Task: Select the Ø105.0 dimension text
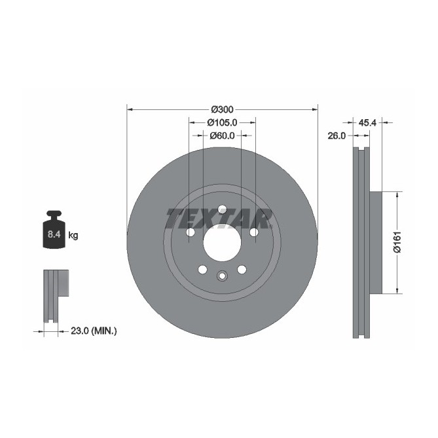coord(222,122)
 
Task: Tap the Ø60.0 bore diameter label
coord(222,136)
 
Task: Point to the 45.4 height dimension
coord(367,122)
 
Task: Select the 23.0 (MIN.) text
coord(93,331)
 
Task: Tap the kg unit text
coord(73,234)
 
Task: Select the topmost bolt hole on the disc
coord(222,209)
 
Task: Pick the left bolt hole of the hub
coord(191,232)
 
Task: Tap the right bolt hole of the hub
coord(253,232)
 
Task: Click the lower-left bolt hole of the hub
coord(202,270)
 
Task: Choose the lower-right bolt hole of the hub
coord(242,270)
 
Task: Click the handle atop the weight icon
coord(53,214)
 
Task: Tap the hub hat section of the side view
coord(375,242)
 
